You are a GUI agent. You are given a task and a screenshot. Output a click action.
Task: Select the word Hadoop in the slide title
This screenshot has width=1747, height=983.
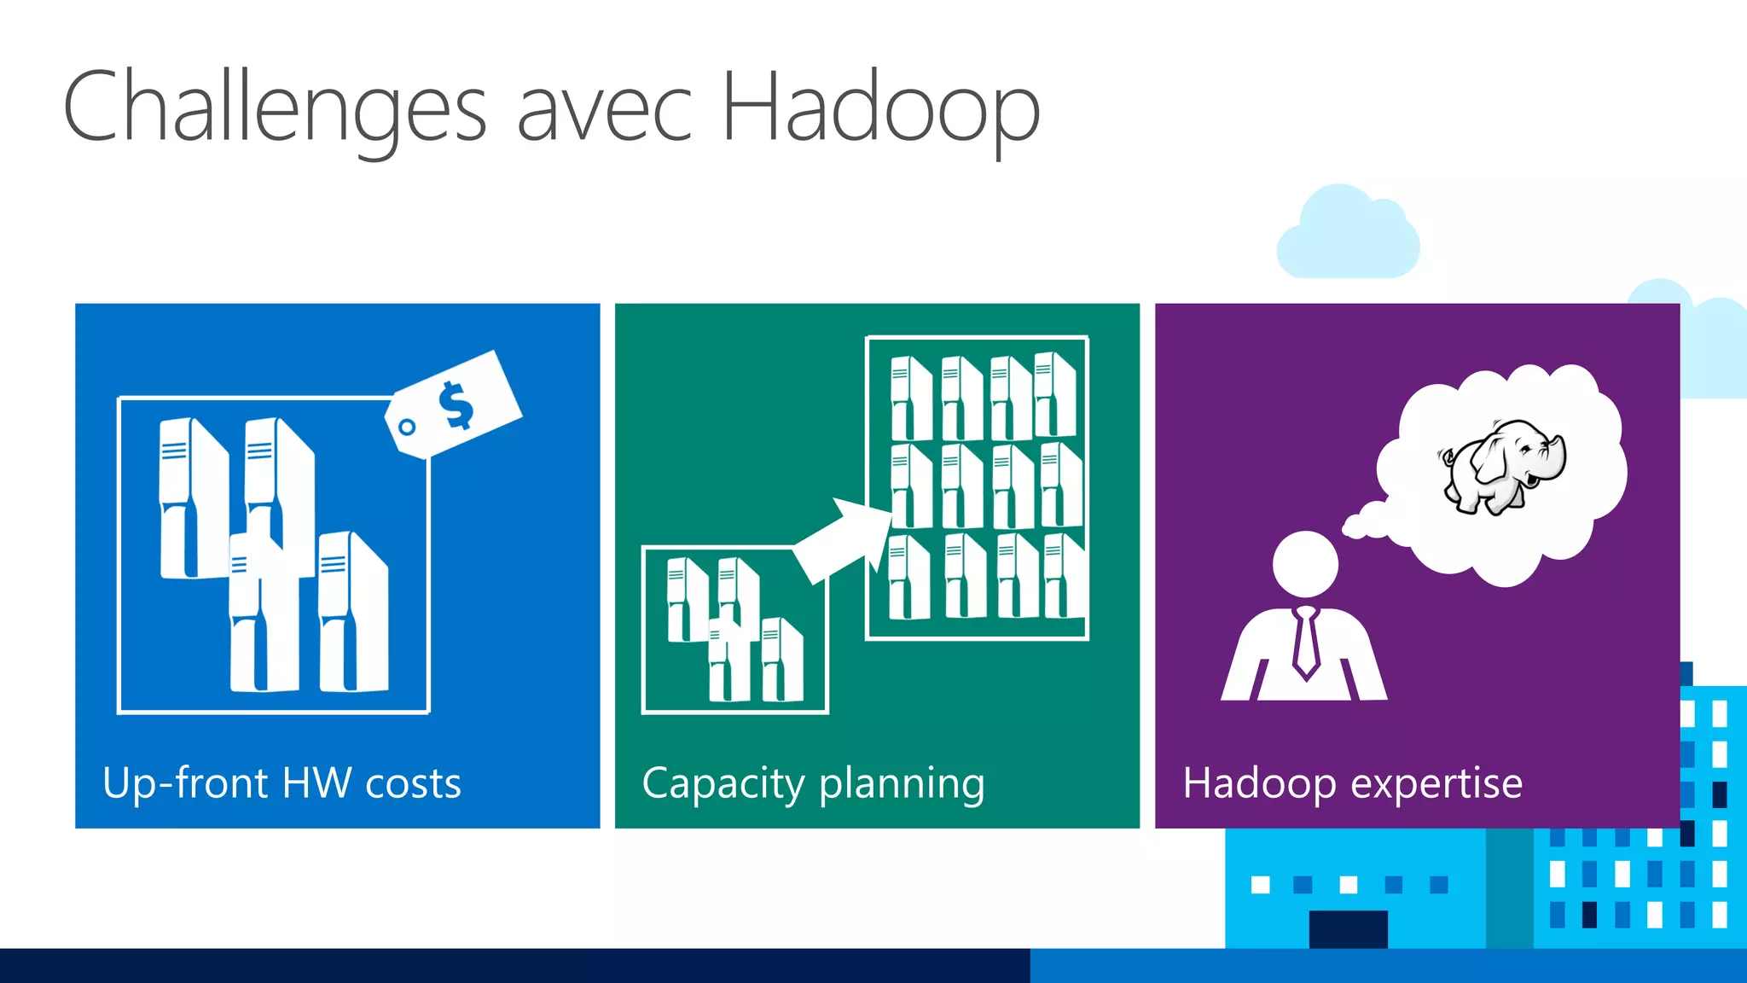(x=880, y=109)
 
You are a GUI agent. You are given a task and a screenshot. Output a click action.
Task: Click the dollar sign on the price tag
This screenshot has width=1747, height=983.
(x=456, y=404)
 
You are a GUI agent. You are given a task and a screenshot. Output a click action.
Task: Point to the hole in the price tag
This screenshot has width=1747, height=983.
(x=407, y=427)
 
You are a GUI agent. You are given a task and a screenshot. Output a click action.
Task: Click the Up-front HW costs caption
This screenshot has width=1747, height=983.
(x=281, y=783)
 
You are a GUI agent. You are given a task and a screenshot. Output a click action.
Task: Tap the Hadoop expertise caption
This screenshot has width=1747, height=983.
(x=1352, y=783)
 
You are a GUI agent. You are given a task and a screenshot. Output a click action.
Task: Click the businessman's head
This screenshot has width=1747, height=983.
(x=1305, y=563)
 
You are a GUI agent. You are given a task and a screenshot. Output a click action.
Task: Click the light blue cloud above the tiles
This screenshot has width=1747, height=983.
(x=1348, y=235)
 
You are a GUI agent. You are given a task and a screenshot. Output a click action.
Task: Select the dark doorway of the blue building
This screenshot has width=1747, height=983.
(x=1348, y=928)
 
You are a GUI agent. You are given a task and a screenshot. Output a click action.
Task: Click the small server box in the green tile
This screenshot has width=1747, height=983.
(x=734, y=629)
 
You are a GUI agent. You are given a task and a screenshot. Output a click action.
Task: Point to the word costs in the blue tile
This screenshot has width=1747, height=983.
(x=413, y=783)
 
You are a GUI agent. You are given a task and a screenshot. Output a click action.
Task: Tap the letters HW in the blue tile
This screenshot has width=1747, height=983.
(x=316, y=783)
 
